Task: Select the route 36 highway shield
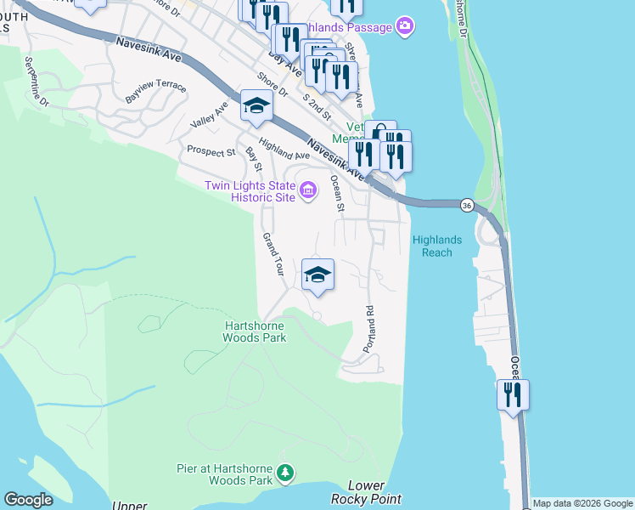click(x=467, y=205)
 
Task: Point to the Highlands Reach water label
click(x=437, y=246)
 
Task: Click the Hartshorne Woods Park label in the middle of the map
click(x=256, y=331)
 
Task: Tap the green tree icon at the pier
click(x=287, y=472)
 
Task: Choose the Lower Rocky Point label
click(x=367, y=492)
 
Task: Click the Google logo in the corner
click(x=28, y=500)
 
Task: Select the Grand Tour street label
click(x=273, y=254)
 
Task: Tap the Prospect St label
click(x=211, y=152)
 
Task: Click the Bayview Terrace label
click(x=155, y=88)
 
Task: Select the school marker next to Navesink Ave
click(x=254, y=106)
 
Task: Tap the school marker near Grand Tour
click(x=317, y=275)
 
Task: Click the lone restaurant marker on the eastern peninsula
click(x=513, y=395)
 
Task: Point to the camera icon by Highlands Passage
click(x=406, y=27)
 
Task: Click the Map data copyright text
click(x=582, y=503)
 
